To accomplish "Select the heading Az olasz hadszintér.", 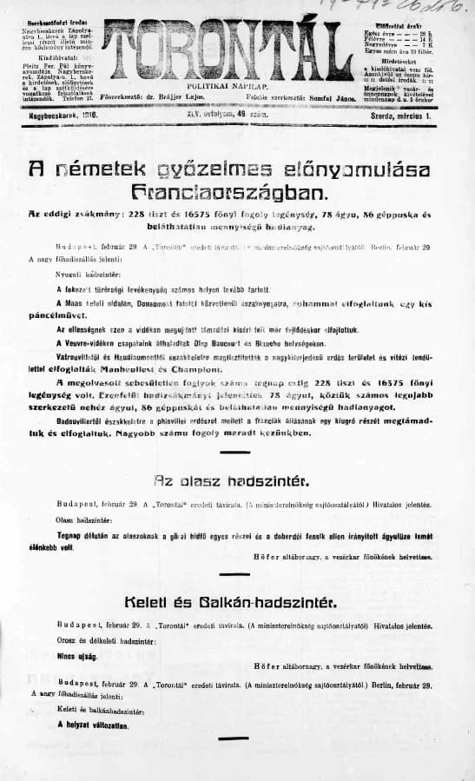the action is click(237, 480).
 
